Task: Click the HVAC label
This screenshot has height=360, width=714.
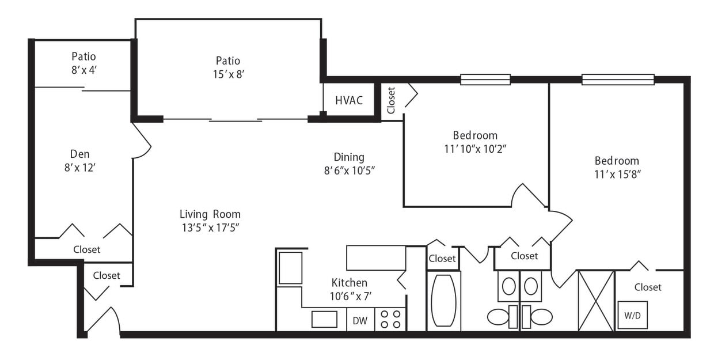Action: (x=349, y=100)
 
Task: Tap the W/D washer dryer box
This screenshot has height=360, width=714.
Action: (x=632, y=315)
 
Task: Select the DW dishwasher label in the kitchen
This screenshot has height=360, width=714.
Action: (x=360, y=320)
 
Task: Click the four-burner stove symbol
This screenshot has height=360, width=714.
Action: (x=390, y=319)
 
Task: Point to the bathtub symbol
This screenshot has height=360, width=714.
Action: (x=443, y=301)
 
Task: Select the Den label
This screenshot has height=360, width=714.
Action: (x=79, y=154)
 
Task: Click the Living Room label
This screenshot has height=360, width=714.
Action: (x=210, y=214)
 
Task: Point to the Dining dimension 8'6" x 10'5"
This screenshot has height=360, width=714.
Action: (x=349, y=170)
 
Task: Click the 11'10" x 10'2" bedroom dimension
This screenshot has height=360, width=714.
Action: (x=475, y=148)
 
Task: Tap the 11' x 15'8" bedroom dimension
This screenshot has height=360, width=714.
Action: (x=617, y=174)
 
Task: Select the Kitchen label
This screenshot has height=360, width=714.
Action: (x=349, y=283)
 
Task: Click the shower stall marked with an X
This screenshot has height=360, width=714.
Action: (x=595, y=301)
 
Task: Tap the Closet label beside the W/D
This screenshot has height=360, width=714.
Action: (x=648, y=287)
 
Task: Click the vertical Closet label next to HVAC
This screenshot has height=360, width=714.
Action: (x=392, y=100)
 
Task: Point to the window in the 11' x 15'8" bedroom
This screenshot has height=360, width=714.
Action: (x=617, y=79)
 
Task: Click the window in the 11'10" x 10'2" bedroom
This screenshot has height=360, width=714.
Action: (x=485, y=79)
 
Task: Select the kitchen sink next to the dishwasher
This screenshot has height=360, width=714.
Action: (x=324, y=319)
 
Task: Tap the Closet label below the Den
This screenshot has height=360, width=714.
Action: (x=86, y=249)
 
